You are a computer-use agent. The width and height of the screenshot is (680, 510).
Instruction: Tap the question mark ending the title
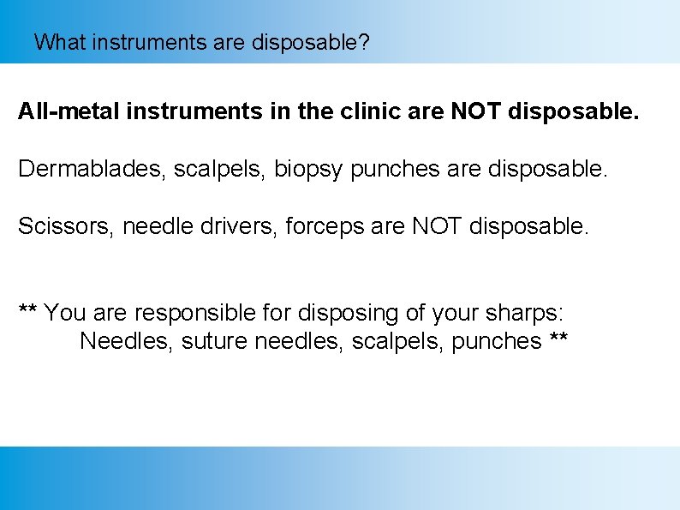(x=365, y=42)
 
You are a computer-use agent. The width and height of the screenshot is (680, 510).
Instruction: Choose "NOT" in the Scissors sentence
(x=438, y=226)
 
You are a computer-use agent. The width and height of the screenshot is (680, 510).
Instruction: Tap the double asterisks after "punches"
(x=558, y=339)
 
